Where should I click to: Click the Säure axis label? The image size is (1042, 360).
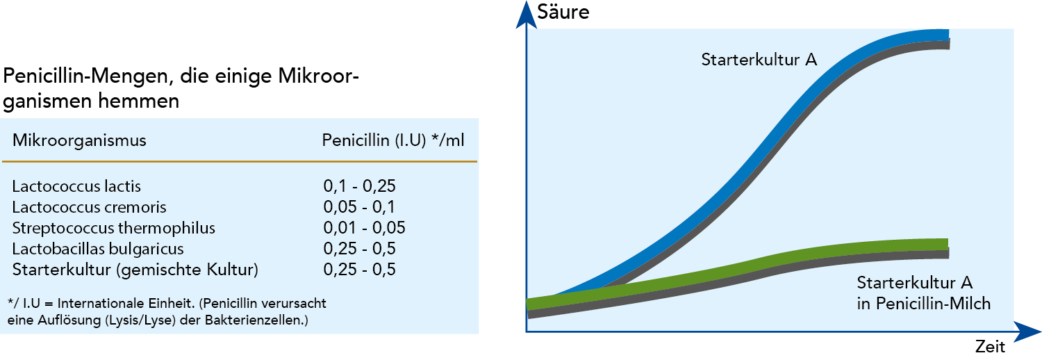pos(563,12)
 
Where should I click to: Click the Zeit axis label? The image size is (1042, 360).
pos(989,347)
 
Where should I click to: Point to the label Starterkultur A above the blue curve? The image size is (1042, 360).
pos(759,60)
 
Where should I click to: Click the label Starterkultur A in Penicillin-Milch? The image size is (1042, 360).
pos(923,293)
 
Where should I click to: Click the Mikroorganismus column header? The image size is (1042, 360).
pos(79,140)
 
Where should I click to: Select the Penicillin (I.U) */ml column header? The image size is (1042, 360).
pos(393,140)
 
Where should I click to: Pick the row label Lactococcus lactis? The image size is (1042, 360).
pos(76,186)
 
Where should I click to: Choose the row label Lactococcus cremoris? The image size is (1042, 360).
pos(89,207)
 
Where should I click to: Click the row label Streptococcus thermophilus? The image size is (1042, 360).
pos(114,228)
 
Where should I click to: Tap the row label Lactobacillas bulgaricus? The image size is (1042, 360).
pos(98,249)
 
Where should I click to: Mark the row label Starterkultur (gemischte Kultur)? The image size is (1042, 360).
pos(135,270)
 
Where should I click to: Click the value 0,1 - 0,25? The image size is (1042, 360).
pos(359,186)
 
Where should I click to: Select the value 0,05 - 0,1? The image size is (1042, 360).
pos(359,207)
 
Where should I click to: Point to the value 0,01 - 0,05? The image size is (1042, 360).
pos(364,228)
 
